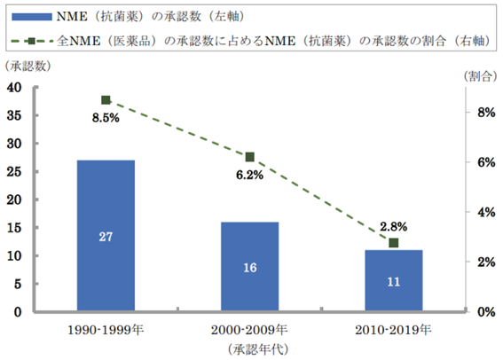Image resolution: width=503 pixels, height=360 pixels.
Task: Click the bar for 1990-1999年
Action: pos(106,235)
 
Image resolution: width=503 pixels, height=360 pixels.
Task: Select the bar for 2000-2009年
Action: pos(249,266)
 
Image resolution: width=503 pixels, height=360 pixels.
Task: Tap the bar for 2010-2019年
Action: pos(394,280)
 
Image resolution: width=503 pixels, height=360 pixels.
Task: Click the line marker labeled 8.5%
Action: pos(106,100)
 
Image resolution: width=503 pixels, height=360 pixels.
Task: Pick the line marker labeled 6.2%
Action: pos(249,157)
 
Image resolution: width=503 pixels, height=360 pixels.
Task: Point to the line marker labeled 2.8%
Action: pos(394,243)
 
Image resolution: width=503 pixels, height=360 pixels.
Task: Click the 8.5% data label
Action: pos(106,118)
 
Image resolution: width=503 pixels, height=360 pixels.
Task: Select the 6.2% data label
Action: pos(249,175)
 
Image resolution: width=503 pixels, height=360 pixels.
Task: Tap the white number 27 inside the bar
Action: pos(106,237)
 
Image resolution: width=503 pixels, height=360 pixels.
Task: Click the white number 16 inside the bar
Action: pos(249,267)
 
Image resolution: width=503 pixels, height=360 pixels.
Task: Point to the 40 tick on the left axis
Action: pos(15,87)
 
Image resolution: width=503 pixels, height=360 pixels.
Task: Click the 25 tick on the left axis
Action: pos(15,171)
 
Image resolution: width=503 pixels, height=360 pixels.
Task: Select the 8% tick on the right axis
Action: pos(485,113)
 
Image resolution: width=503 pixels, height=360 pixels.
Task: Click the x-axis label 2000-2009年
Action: pos(249,331)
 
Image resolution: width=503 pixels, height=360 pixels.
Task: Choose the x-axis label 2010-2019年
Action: pos(394,331)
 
